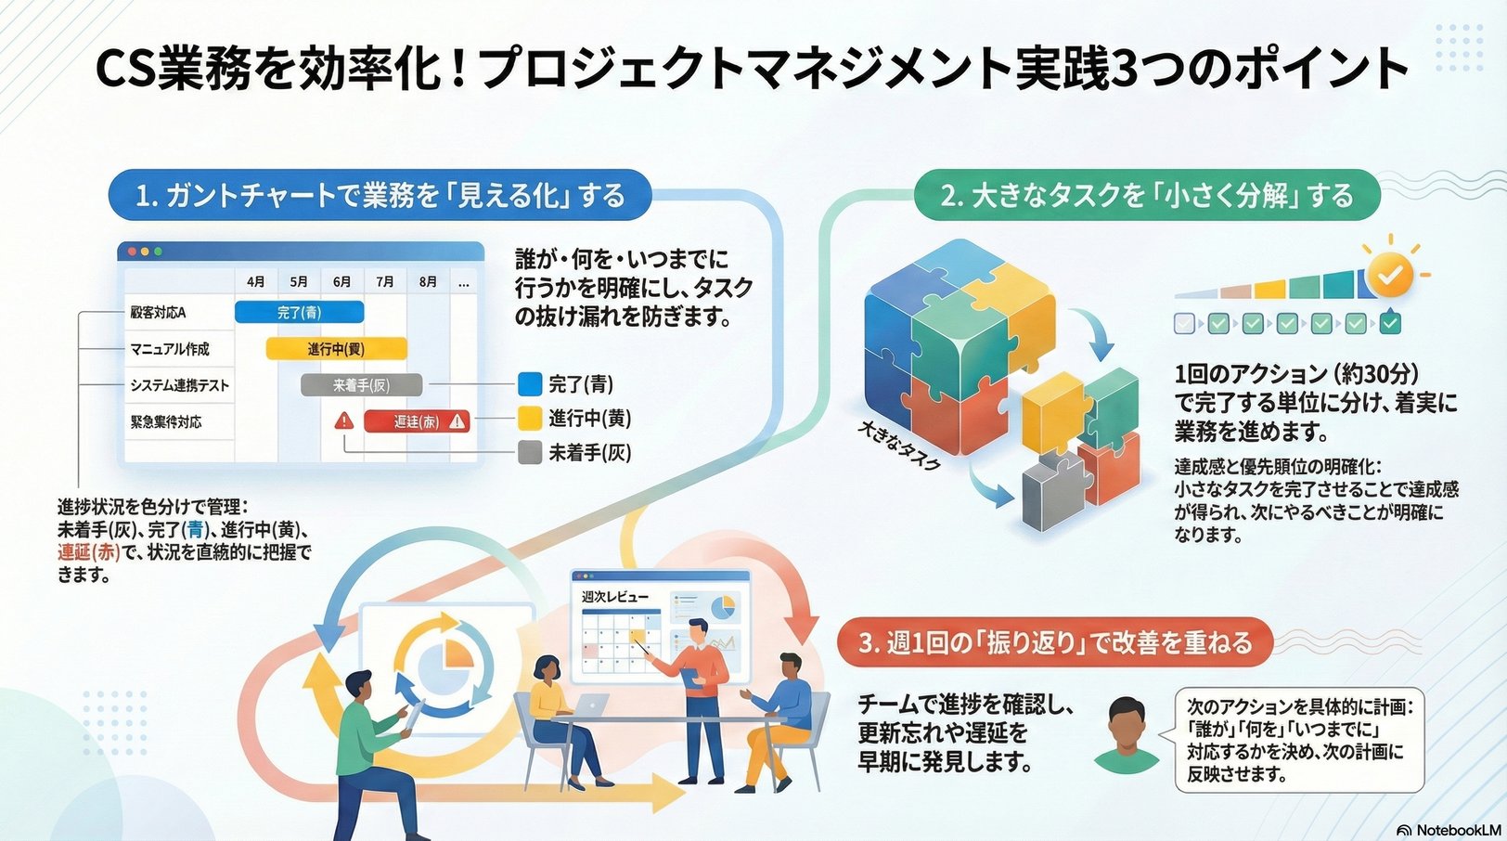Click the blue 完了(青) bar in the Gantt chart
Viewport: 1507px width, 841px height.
click(299, 313)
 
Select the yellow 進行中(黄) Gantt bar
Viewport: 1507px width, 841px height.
click(336, 349)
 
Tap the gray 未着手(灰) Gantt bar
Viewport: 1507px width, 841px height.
click(361, 385)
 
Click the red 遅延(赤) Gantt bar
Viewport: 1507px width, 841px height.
click(417, 421)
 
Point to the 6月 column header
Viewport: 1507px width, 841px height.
click(341, 281)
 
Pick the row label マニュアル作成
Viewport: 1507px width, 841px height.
click(170, 349)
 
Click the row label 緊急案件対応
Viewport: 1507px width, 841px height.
click(166, 421)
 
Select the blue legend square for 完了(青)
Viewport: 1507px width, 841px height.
click(529, 383)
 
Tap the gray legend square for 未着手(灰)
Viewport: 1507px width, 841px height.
click(529, 453)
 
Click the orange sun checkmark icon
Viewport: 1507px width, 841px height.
click(1389, 274)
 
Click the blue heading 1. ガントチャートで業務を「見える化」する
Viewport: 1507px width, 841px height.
click(380, 195)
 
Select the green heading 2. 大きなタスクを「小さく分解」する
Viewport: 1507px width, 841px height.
click(1147, 195)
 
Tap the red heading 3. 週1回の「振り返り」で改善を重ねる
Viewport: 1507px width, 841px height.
click(1055, 642)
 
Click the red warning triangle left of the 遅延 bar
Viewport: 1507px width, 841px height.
click(344, 420)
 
